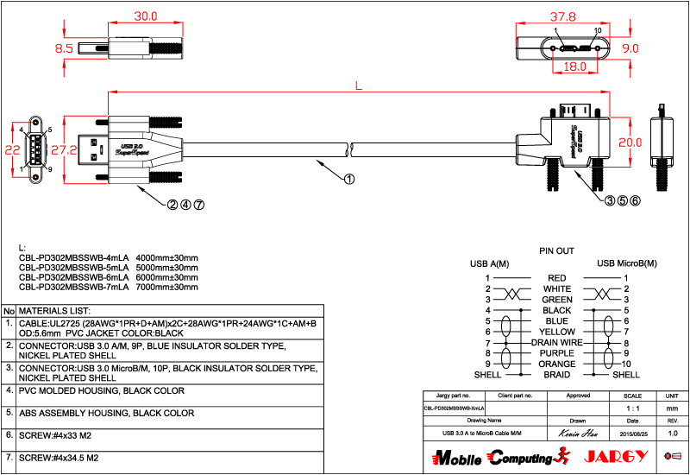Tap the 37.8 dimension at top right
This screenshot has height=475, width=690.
click(x=563, y=16)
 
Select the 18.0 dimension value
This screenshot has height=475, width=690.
click(x=574, y=66)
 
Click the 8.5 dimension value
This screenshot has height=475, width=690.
click(x=64, y=49)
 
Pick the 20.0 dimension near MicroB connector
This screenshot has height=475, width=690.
click(x=630, y=142)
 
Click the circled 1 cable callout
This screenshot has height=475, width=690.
click(x=349, y=180)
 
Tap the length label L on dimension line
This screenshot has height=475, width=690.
click(x=358, y=84)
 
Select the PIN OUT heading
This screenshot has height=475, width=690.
click(x=556, y=250)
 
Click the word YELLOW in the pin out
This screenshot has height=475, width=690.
click(x=556, y=332)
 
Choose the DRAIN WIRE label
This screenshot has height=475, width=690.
click(x=556, y=343)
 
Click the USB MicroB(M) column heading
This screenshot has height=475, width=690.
click(x=626, y=263)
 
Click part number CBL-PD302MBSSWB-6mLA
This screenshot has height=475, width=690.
click(x=73, y=277)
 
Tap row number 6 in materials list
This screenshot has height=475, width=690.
click(x=9, y=434)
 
